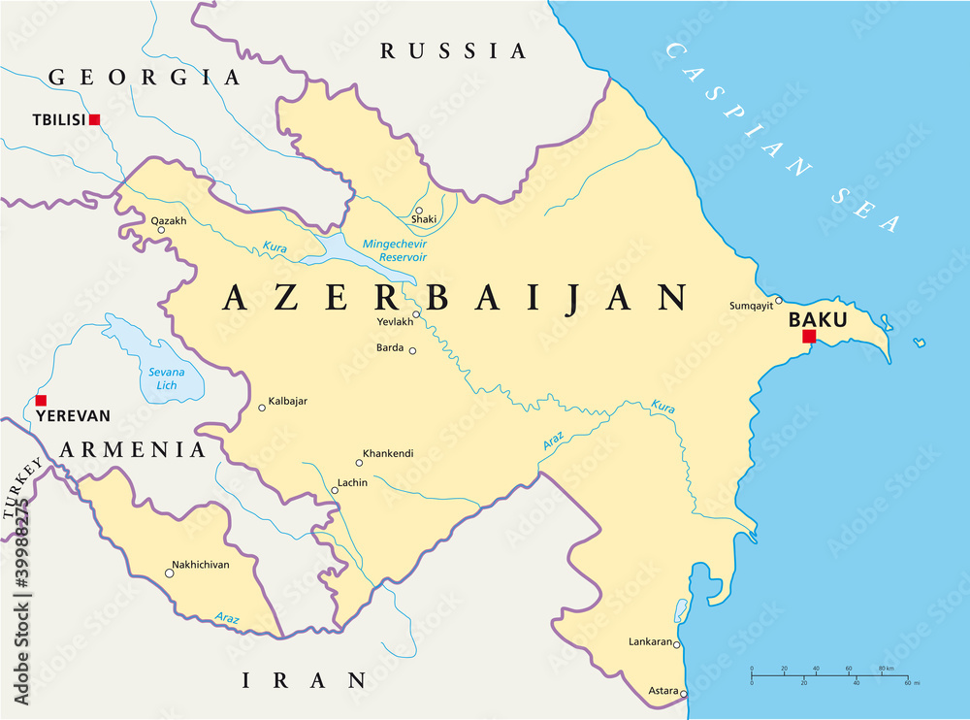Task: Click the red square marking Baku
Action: (x=809, y=337)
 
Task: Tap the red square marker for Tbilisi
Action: (x=94, y=119)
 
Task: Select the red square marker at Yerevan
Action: (x=40, y=400)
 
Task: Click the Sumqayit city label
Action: (x=751, y=306)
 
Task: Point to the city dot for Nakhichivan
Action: (x=169, y=573)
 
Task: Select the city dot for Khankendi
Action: (x=359, y=463)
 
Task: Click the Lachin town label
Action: (x=351, y=482)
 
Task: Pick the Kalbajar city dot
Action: (x=261, y=408)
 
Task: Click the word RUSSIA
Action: (x=453, y=50)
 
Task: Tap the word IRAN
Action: (x=305, y=680)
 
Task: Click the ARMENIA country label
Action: (x=132, y=449)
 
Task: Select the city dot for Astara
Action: (x=684, y=693)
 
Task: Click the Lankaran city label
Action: (x=650, y=641)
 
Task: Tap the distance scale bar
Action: (x=829, y=675)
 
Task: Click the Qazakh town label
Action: (x=168, y=220)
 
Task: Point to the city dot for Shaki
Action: (x=419, y=210)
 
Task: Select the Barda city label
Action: (x=390, y=347)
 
